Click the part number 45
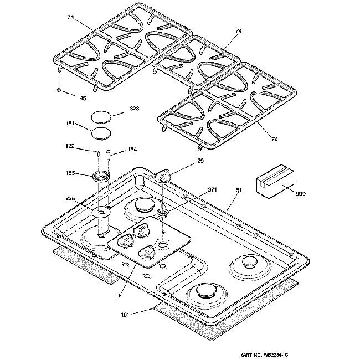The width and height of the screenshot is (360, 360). [83, 99]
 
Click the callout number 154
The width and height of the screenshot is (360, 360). [132, 150]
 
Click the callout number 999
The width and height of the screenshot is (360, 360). [300, 194]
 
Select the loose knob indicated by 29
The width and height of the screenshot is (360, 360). [164, 176]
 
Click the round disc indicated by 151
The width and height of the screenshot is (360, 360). [100, 133]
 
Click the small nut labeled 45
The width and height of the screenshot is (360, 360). [59, 89]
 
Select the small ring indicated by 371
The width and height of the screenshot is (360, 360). [163, 211]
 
